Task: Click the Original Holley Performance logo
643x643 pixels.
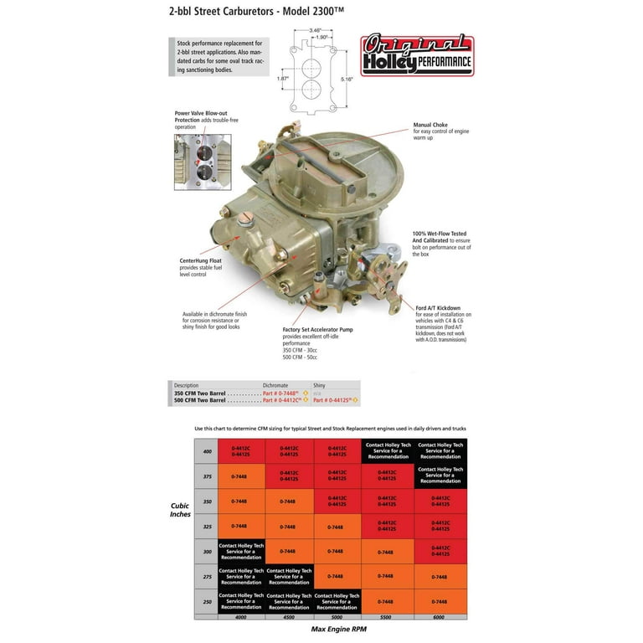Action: tap(416, 54)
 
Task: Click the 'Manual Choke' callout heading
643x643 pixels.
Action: tap(430, 125)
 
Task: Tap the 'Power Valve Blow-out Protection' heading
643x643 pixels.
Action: tap(200, 116)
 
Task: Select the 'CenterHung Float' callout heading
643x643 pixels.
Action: tap(201, 260)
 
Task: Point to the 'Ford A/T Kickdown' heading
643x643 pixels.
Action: tap(438, 308)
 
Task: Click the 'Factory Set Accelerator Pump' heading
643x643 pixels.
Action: tap(317, 330)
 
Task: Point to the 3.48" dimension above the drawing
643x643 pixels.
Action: tap(315, 30)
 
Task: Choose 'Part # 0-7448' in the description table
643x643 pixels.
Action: tap(280, 393)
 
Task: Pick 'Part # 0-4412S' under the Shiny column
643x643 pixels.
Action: tap(332, 400)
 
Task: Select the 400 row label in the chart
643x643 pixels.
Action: tap(206, 450)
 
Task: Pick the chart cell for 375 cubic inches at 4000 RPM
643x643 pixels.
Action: tap(241, 476)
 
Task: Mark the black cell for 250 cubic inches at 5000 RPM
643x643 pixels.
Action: tap(337, 600)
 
